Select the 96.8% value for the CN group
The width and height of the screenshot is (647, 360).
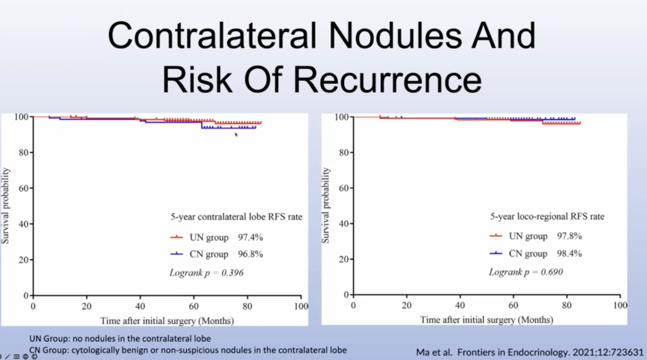tap(250, 254)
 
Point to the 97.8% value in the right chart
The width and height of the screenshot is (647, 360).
tap(569, 236)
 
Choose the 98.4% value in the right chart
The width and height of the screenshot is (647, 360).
tap(569, 254)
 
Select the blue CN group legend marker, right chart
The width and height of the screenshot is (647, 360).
tap(496, 254)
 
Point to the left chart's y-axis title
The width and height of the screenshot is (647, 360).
tap(6, 206)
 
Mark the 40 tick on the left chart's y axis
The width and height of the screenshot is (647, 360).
tap(23, 224)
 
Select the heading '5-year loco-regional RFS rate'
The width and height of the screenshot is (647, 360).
tap(547, 217)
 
